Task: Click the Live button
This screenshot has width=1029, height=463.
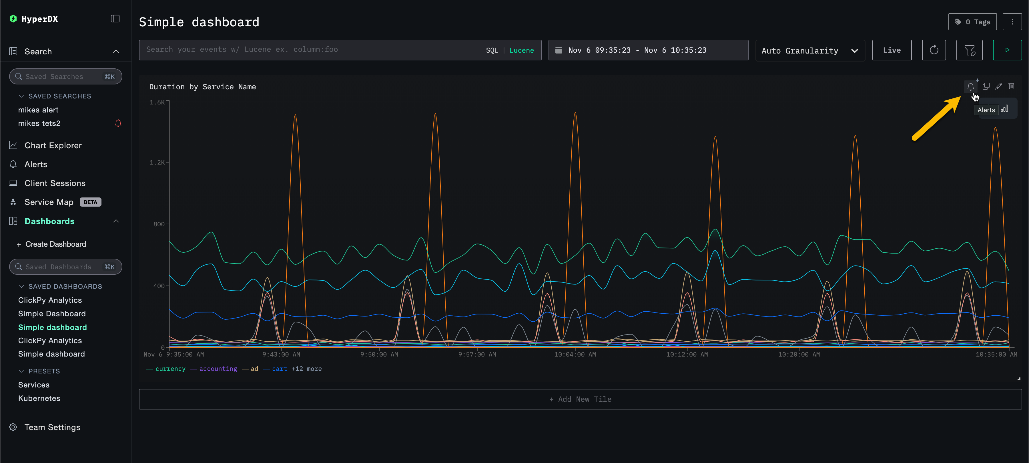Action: [892, 50]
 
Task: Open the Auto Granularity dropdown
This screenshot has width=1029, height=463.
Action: [810, 51]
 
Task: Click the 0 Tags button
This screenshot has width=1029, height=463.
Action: [972, 22]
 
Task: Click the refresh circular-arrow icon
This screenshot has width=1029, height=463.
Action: [934, 50]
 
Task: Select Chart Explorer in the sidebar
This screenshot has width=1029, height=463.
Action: [53, 146]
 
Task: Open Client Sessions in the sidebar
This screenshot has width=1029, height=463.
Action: [55, 183]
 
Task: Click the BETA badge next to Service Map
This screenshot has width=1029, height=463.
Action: [90, 202]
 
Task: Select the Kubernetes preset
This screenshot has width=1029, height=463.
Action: [39, 399]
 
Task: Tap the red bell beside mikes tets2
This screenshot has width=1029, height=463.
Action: [118, 123]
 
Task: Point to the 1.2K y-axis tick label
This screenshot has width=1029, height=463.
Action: [157, 162]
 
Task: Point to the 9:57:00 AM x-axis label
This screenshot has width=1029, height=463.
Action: [477, 355]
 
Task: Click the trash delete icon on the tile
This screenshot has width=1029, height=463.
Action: [1011, 86]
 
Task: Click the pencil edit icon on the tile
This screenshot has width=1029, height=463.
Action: [998, 86]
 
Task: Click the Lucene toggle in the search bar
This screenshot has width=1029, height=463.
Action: [521, 50]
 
